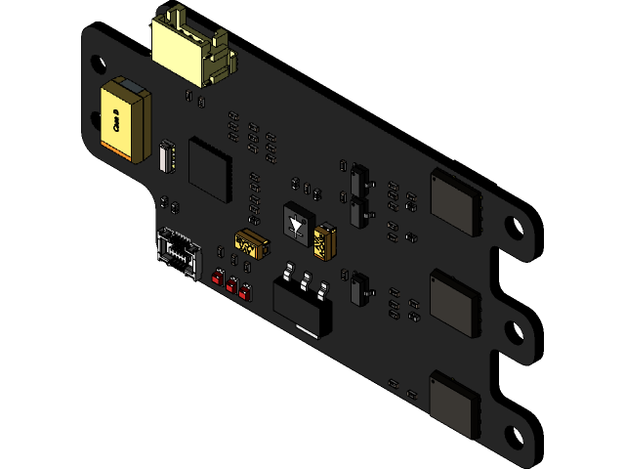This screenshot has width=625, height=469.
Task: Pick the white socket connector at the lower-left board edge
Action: coord(177,250)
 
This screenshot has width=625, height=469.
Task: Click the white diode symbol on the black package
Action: coord(296,226)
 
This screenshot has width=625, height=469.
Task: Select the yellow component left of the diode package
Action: coord(251,244)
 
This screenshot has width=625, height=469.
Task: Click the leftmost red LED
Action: coord(219,277)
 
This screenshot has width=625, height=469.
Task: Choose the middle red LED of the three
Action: coord(231,285)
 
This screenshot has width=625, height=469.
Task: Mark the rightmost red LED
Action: coord(244,292)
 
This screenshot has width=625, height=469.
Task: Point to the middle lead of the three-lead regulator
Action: coord(307,281)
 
